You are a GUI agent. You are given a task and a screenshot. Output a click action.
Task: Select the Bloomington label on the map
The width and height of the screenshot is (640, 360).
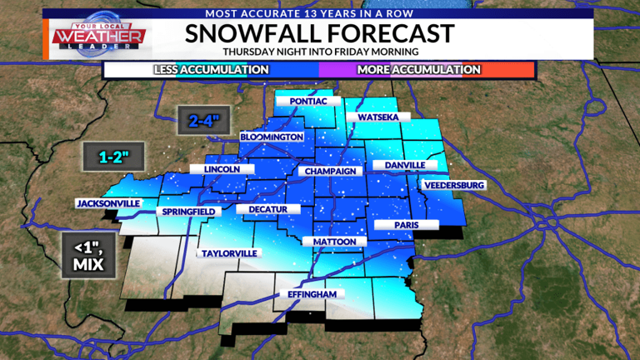click(271, 136)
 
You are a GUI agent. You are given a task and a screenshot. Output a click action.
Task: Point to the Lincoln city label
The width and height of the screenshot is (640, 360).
click(222, 169)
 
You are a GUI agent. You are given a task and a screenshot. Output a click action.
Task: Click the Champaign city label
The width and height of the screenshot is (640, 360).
click(331, 171)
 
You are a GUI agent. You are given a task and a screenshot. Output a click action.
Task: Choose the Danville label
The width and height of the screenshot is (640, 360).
click(404, 165)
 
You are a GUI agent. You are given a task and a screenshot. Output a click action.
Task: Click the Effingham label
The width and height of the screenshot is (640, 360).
click(311, 295)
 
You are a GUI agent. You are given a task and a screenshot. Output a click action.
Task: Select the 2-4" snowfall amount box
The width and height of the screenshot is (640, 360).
click(203, 120)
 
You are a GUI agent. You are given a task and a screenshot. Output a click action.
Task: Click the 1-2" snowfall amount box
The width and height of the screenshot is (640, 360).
click(113, 155)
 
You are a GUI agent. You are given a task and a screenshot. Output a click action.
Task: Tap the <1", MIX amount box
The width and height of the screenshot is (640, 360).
click(87, 254)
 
